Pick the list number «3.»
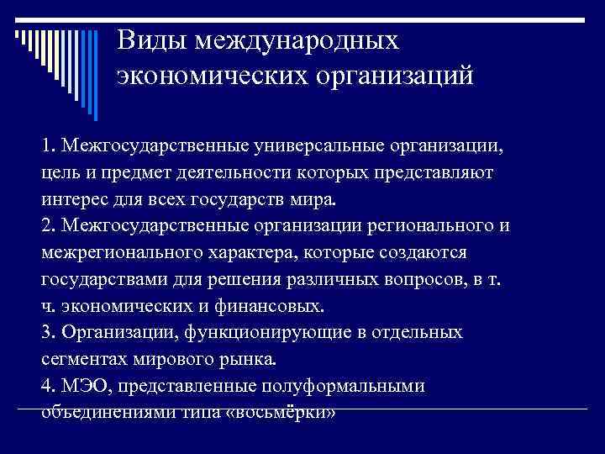coord(48,331)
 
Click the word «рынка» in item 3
coord(245,358)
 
